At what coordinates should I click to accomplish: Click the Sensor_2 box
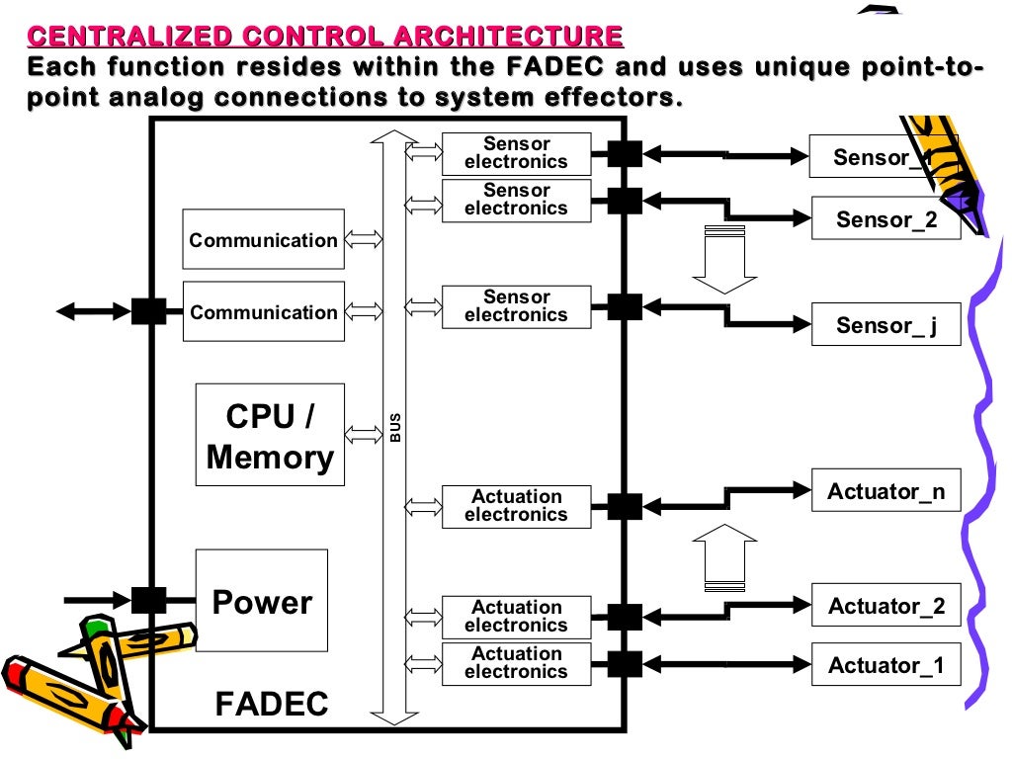point(886,218)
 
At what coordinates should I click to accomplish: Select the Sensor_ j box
point(886,324)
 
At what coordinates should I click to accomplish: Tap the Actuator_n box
point(885,491)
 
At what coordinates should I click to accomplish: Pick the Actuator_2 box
point(886,605)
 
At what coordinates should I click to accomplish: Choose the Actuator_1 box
point(886,664)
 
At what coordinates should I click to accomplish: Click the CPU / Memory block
point(270,435)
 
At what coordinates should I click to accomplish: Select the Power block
point(262,601)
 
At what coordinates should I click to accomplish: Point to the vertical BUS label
point(395,427)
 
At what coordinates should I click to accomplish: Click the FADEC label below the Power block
point(272,704)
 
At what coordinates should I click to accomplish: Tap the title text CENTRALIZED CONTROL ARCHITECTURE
point(326,38)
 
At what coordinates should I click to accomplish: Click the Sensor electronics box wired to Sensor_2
point(516,200)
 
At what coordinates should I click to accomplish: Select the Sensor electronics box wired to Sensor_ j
point(516,306)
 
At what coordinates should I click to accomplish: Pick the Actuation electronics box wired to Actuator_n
point(516,506)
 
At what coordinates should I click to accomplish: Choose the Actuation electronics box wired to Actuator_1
point(516,663)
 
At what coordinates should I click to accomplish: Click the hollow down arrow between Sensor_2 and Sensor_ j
point(723,260)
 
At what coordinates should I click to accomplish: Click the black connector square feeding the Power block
point(149,599)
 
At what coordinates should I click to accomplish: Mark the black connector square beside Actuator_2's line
point(625,617)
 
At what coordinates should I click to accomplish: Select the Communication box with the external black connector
point(264,312)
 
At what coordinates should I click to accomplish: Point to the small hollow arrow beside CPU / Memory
point(364,435)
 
